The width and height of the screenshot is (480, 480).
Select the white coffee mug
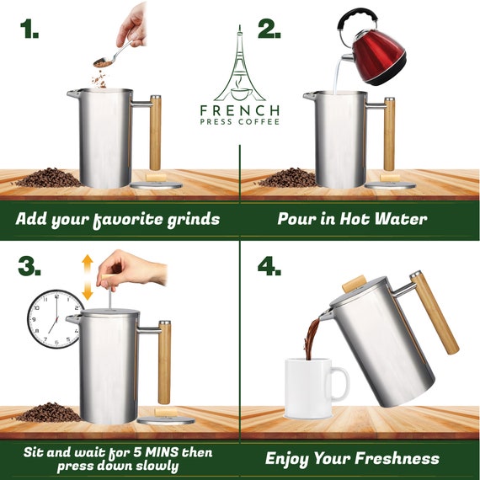[315, 388]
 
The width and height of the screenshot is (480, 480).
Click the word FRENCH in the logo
[240, 110]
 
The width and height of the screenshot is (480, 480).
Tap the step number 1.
[29, 29]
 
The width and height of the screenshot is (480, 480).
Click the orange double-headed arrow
[88, 277]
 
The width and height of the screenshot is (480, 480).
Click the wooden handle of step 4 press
[435, 313]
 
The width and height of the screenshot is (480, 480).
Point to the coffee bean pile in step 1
[46, 178]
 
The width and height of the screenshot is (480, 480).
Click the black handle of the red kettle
[357, 21]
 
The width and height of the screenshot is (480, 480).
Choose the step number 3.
[29, 266]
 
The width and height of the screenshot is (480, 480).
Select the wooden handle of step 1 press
[155, 133]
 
